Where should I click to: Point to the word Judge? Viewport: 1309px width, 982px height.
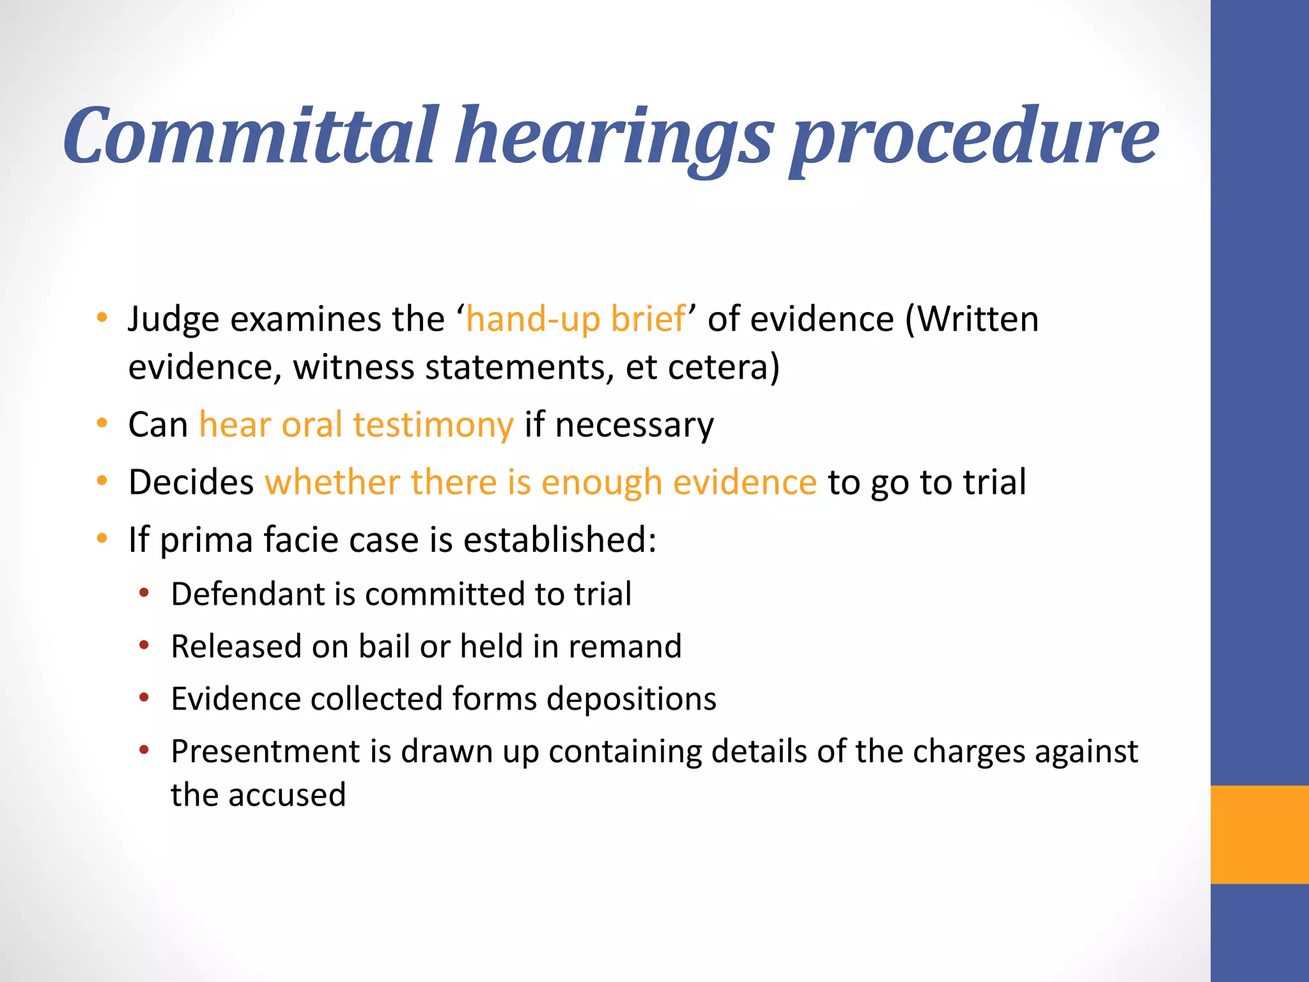point(173,320)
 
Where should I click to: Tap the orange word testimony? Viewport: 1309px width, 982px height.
point(433,425)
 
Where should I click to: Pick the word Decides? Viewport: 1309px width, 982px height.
point(191,482)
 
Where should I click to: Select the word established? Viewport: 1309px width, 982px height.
point(560,540)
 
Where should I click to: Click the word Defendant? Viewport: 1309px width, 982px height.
point(247,594)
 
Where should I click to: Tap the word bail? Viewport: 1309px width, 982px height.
point(383,646)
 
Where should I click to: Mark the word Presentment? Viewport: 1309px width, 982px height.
point(266,751)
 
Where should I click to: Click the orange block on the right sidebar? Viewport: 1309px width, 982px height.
point(1259,834)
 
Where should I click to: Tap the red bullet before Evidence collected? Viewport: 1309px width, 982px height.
point(144,698)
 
